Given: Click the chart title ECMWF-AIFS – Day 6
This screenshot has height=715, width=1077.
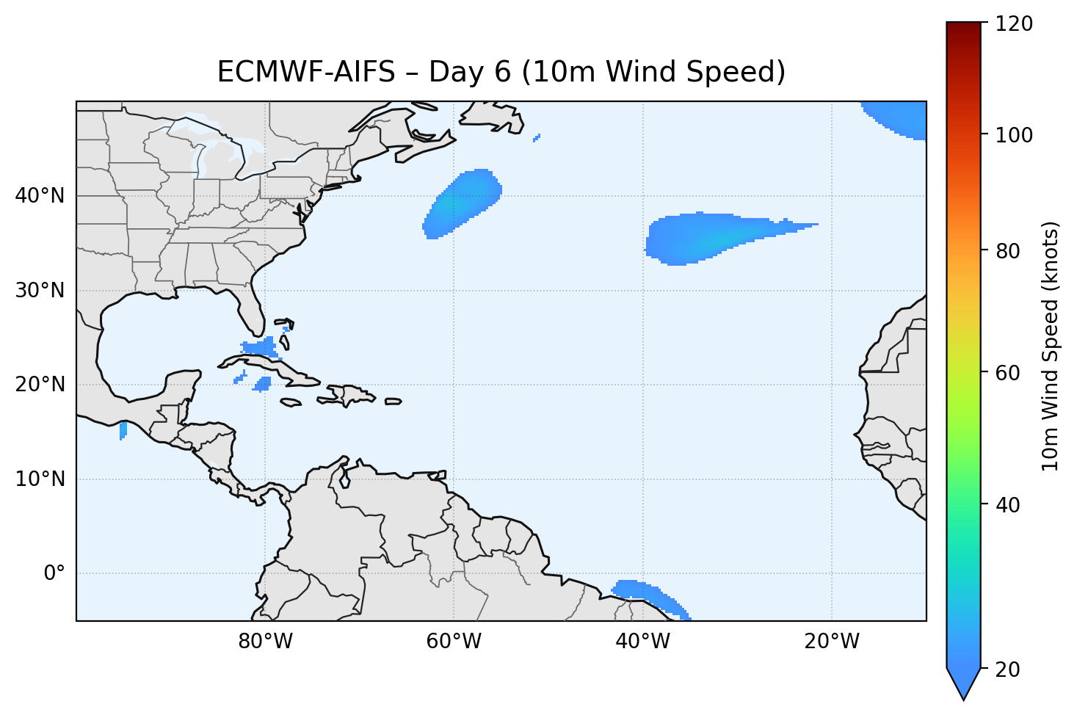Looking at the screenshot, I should point(501,72).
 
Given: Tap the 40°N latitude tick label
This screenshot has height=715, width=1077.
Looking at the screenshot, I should point(40,196).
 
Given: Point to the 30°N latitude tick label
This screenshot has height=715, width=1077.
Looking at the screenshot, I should point(40,291).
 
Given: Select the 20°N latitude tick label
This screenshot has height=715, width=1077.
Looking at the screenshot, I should point(40,385).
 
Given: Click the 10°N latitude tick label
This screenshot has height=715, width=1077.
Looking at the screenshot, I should point(40,479).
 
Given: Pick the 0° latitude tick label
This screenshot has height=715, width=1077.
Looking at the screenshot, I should point(54,573).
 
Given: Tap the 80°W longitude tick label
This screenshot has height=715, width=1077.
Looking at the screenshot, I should point(265,642).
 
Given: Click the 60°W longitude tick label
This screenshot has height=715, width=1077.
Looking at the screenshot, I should point(454,642).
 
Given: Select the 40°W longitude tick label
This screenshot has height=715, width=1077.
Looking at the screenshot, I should point(642,642).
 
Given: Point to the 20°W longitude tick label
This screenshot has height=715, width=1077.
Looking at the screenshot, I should point(831,642).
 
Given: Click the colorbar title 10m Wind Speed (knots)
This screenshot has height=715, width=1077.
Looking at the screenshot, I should point(1051,346).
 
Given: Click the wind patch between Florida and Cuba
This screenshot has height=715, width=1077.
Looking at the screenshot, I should point(258,346).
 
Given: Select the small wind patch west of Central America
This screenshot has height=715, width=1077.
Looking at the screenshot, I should point(123,430).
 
